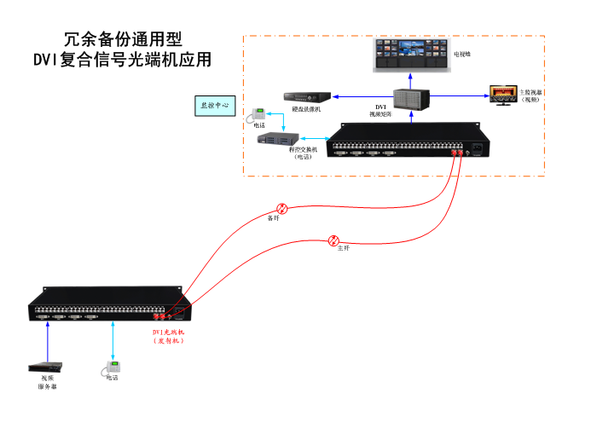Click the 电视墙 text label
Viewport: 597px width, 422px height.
[461, 54]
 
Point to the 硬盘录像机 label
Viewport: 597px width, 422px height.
[305, 110]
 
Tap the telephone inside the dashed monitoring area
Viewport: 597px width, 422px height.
[257, 116]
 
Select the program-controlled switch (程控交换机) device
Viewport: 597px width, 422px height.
[277, 140]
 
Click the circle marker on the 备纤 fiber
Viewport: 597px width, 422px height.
[282, 208]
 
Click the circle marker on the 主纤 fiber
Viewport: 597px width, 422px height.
[335, 240]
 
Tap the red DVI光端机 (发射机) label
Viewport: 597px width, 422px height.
[168, 336]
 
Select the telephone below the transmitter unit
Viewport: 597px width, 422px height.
[112, 368]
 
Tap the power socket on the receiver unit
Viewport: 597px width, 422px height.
[478, 152]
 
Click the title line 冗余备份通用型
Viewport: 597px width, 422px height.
[122, 40]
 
